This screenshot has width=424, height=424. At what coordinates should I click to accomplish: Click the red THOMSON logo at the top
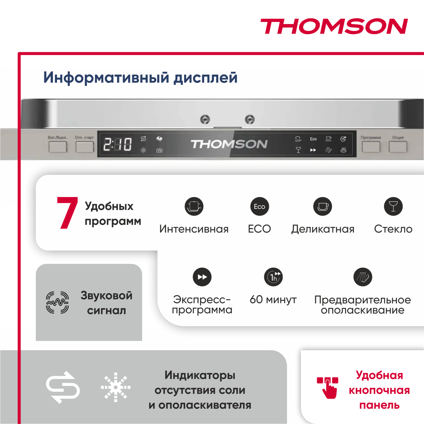(x=334, y=27)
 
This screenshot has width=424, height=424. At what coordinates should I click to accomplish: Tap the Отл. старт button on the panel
(x=84, y=147)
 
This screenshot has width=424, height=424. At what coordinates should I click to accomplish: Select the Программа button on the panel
(x=371, y=147)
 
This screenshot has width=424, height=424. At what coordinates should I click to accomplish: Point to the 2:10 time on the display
(x=117, y=144)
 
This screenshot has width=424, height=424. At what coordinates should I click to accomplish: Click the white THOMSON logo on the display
(x=229, y=144)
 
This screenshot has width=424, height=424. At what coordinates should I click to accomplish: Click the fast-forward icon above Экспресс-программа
(x=202, y=277)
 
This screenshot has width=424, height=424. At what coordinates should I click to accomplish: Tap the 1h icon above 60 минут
(x=273, y=277)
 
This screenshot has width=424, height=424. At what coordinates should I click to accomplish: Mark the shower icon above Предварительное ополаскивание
(x=362, y=277)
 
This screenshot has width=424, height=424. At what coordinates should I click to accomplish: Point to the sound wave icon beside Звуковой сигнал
(x=57, y=303)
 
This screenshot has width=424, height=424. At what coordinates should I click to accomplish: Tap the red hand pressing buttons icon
(x=328, y=387)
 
